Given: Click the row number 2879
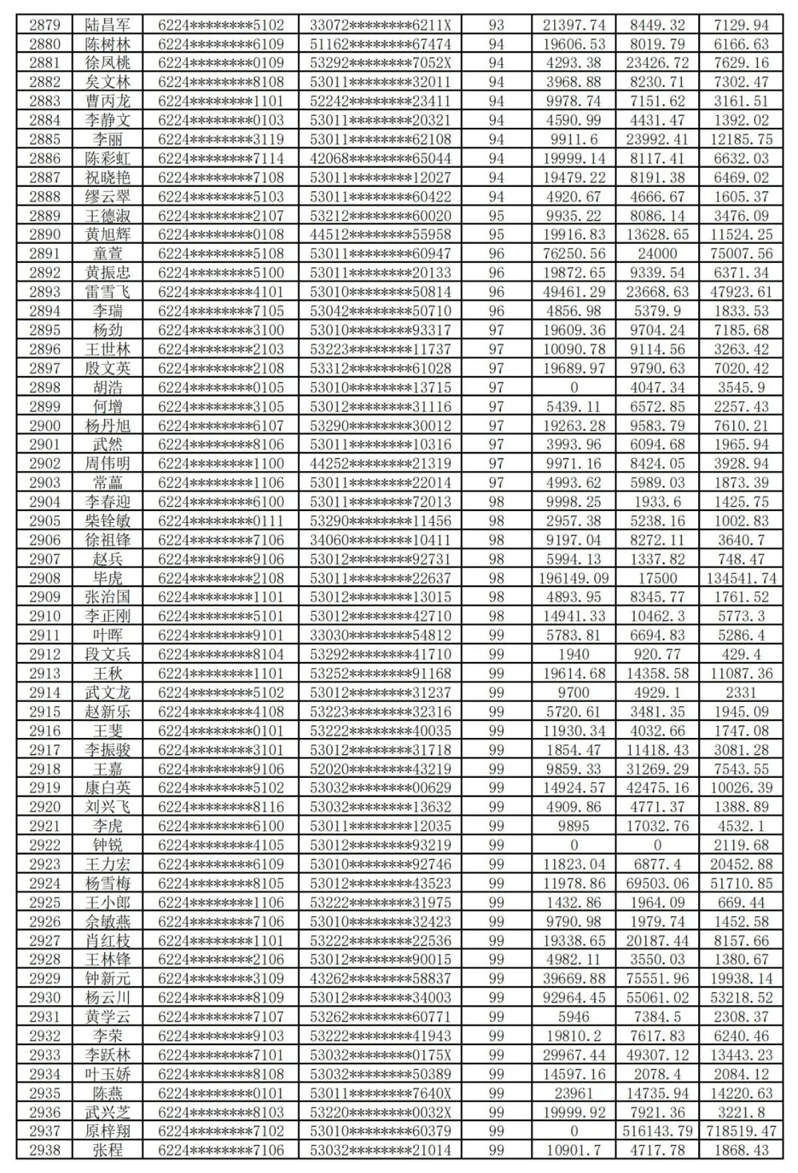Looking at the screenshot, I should point(45,25).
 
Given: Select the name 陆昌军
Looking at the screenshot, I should point(108,25).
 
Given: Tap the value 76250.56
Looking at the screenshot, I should point(574,253).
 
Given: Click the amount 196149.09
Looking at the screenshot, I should point(574,578).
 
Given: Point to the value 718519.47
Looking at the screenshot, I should point(741,1131).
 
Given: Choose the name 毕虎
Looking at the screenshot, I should point(108,578).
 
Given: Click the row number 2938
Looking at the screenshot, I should point(45,1150).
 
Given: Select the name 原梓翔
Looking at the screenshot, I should point(108,1131).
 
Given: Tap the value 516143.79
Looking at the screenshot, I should point(658,1131).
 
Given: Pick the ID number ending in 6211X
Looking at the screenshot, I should point(381,25).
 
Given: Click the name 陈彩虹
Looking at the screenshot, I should point(108,158).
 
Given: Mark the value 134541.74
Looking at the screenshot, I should point(741,578).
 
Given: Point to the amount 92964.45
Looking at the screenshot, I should point(574,998).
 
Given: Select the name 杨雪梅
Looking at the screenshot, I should point(108,883).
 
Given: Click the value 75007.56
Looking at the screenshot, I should point(741,253).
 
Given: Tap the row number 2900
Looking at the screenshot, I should point(45,425).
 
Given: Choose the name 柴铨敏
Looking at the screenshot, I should point(108,521).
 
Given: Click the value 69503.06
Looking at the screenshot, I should point(658,883).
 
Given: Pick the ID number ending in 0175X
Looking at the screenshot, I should point(381,1055).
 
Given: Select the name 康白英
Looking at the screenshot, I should point(108,787).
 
